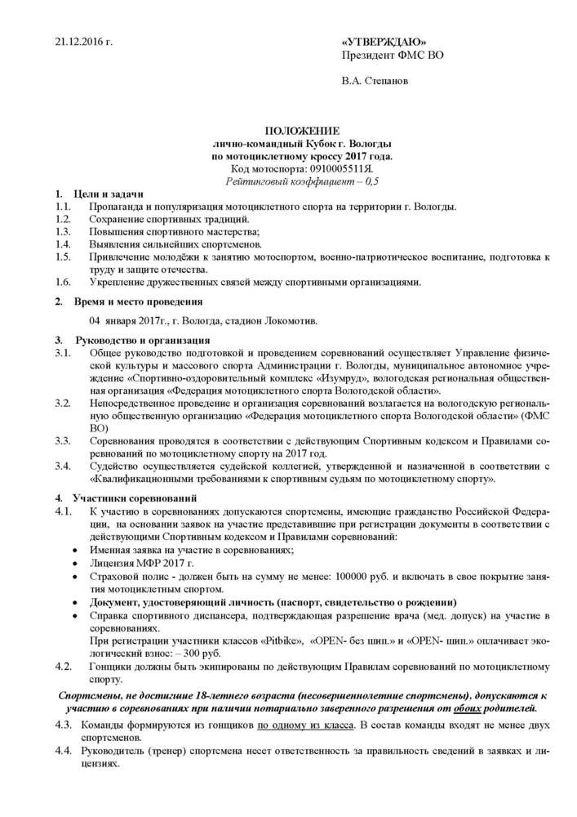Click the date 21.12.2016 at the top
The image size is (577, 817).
[82, 41]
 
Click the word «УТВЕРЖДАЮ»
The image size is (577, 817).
[383, 42]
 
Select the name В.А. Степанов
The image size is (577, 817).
[375, 81]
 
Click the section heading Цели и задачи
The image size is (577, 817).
[109, 194]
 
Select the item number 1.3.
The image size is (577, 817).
[63, 232]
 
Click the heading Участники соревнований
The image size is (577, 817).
[135, 497]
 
